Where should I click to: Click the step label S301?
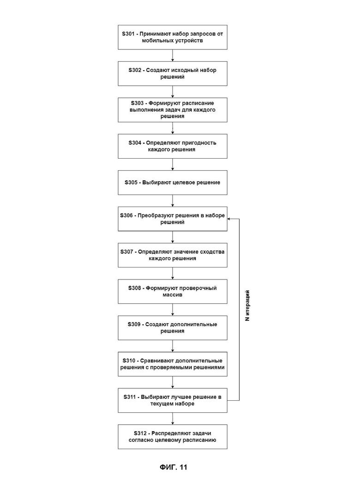(128, 34)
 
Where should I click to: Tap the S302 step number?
(135, 70)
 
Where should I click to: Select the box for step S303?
(173, 110)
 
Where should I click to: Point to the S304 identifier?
(135, 143)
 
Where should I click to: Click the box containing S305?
(173, 183)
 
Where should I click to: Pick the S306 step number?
(126, 215)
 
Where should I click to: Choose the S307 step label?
(127, 252)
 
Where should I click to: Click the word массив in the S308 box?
(172, 295)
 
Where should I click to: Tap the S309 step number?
(134, 325)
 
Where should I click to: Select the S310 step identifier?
(129, 361)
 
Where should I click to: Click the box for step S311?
(173, 400)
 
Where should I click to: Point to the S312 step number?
(140, 433)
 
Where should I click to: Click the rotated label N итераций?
(247, 306)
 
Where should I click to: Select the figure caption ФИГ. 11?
(174, 467)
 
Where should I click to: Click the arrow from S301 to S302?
(173, 55)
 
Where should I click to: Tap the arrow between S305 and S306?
(173, 201)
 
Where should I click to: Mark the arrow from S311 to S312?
(173, 419)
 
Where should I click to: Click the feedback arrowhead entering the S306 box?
(229, 219)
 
